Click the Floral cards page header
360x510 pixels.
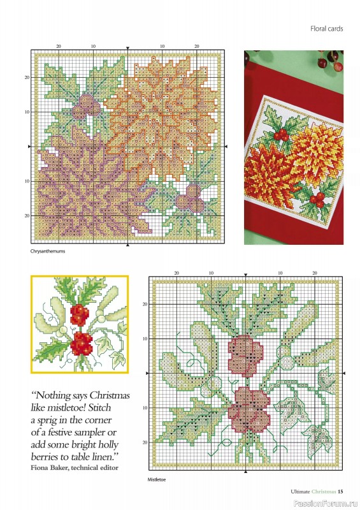[328, 29]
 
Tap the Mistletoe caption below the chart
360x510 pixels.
[157, 480]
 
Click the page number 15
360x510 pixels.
[341, 491]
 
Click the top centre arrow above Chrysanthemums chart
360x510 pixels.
[128, 48]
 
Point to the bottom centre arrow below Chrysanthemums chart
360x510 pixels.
[128, 245]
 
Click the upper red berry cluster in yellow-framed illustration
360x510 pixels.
[78, 314]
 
